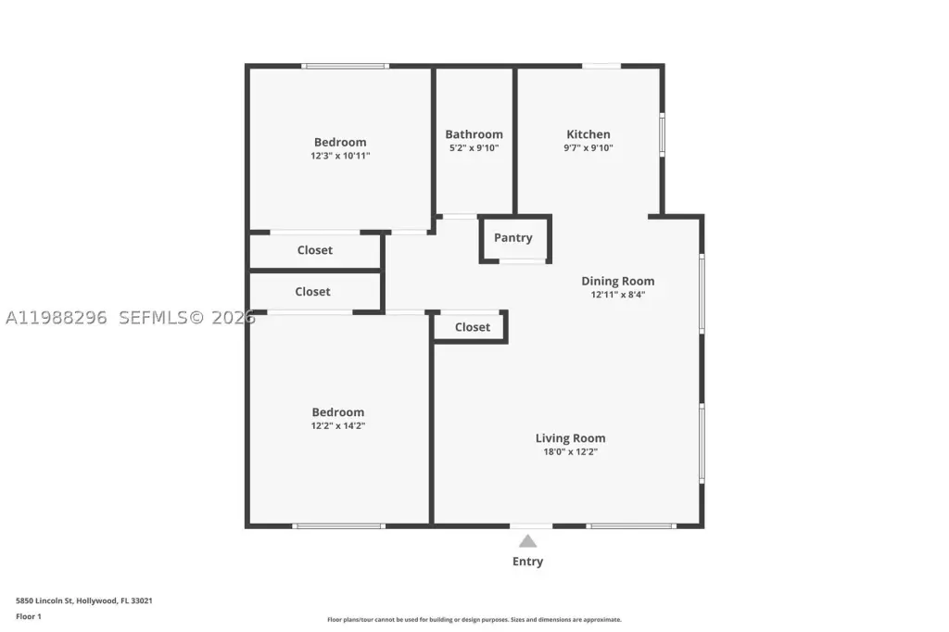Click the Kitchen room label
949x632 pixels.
pyautogui.click(x=588, y=134)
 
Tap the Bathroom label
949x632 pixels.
pyautogui.click(x=474, y=134)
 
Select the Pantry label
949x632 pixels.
pyautogui.click(x=513, y=238)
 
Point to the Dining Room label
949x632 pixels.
pyautogui.click(x=618, y=281)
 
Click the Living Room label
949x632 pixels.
pyautogui.click(x=570, y=438)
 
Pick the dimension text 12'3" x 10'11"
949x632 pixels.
pyautogui.click(x=340, y=156)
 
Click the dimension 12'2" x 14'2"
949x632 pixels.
pyautogui.click(x=338, y=425)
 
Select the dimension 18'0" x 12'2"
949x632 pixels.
pyautogui.click(x=570, y=451)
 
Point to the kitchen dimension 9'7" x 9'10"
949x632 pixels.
pyautogui.click(x=588, y=147)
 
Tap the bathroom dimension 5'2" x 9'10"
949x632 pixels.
pyautogui.click(x=474, y=147)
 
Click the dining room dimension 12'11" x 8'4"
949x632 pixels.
pyautogui.click(x=618, y=295)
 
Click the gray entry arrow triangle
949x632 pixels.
pyautogui.click(x=527, y=541)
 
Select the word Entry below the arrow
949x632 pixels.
pyautogui.click(x=527, y=562)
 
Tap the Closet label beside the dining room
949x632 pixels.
pyautogui.click(x=472, y=327)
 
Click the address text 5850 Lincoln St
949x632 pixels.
pyautogui.click(x=44, y=600)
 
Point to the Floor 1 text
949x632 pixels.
pyautogui.click(x=29, y=616)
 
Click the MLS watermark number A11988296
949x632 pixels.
pyautogui.click(x=57, y=317)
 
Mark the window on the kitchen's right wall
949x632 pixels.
pyautogui.click(x=662, y=134)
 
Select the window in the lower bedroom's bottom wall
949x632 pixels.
pyautogui.click(x=339, y=526)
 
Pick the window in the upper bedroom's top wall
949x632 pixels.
pyautogui.click(x=346, y=66)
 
